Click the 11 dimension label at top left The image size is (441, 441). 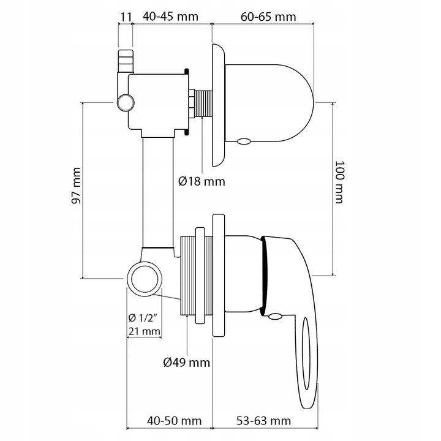pyautogui.click(x=125, y=17)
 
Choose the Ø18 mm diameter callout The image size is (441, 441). pyautogui.click(x=202, y=181)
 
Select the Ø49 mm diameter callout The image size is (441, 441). pyautogui.click(x=186, y=363)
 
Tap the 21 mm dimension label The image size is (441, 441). pyautogui.click(x=144, y=331)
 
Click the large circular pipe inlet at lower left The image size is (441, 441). pyautogui.click(x=145, y=277)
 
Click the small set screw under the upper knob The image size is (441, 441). pyautogui.click(x=243, y=142)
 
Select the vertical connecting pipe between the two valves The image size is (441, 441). pyautogui.click(x=158, y=190)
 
